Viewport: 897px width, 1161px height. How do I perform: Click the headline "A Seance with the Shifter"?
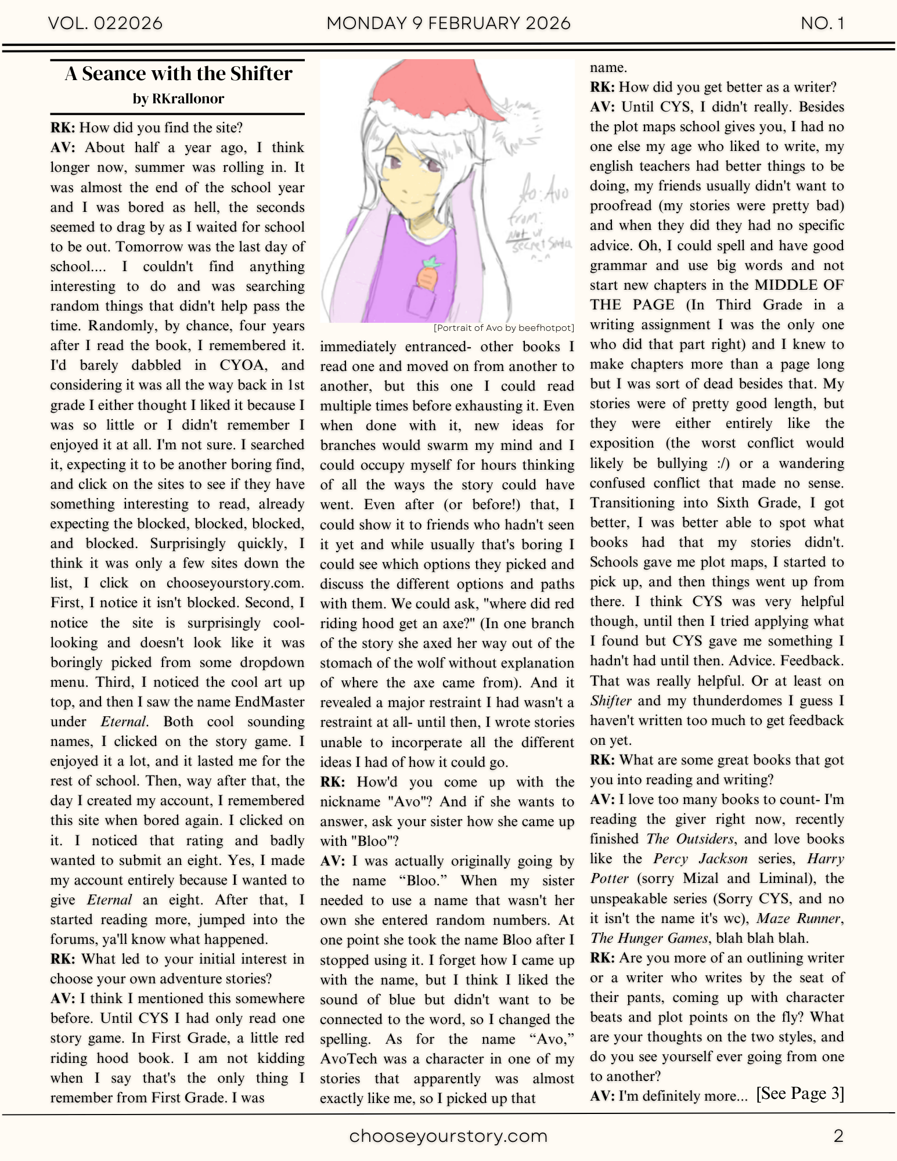(x=178, y=74)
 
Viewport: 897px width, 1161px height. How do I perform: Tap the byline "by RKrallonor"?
(x=178, y=99)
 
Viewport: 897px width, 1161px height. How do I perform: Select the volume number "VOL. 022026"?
(x=105, y=23)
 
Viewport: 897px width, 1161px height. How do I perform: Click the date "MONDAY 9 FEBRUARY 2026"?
(x=448, y=23)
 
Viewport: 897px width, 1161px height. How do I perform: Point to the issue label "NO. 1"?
(x=822, y=23)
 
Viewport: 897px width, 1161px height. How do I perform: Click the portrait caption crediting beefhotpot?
(x=503, y=328)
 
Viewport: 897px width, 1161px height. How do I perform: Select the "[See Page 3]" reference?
(x=799, y=1094)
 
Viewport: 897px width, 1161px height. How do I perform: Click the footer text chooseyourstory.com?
(x=448, y=1136)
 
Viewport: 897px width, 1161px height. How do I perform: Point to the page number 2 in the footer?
(x=838, y=1136)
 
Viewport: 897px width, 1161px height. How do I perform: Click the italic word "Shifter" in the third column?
(x=610, y=701)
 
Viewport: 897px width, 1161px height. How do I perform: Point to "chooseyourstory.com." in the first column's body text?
(x=235, y=583)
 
